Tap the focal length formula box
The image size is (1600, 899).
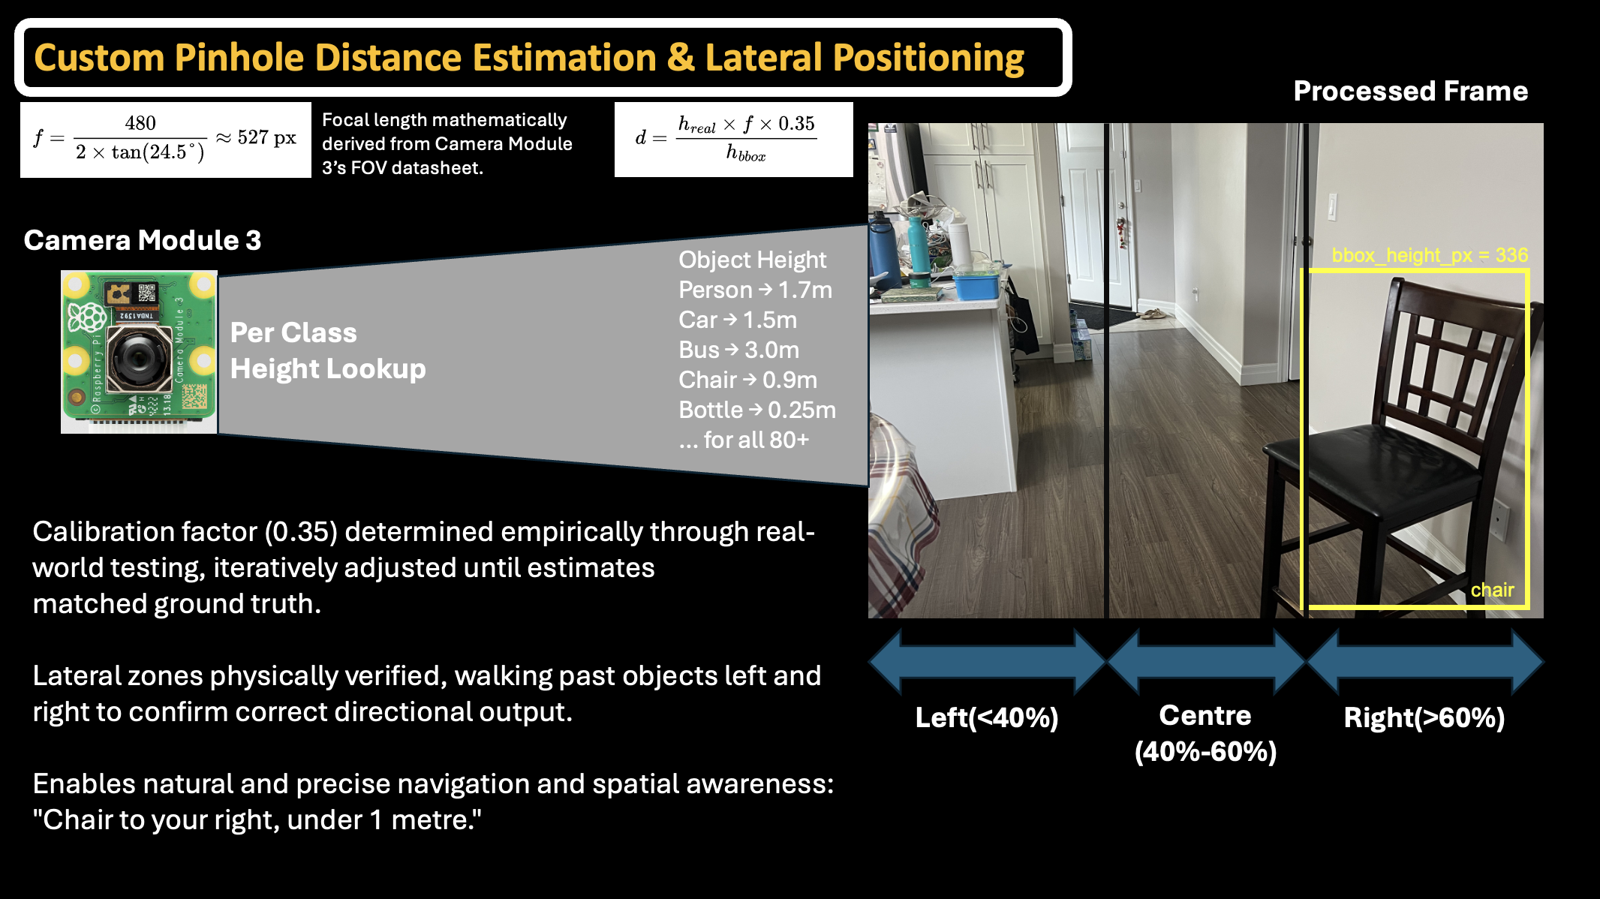[x=166, y=140]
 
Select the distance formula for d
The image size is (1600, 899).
[x=733, y=140]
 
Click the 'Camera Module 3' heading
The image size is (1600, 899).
[x=143, y=240]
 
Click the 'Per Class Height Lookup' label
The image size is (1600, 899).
[x=328, y=350]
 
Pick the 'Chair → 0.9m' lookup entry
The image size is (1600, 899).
[x=747, y=380]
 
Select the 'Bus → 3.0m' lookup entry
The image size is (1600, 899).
[x=738, y=350]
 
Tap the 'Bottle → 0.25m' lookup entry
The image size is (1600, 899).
[x=756, y=410]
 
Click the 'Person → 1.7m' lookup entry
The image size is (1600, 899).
[x=755, y=290]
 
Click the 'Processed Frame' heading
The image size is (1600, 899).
[x=1411, y=91]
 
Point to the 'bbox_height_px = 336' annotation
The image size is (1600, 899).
[x=1430, y=255]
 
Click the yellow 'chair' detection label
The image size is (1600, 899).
[x=1492, y=590]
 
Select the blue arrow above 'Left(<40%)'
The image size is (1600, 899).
[x=987, y=661]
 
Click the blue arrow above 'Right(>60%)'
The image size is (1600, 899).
[x=1425, y=661]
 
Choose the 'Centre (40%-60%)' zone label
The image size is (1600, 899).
[x=1205, y=733]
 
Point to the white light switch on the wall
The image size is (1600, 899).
[x=1333, y=207]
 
